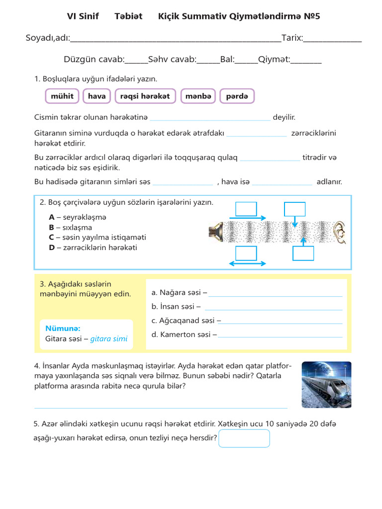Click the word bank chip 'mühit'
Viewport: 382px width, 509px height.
click(62, 96)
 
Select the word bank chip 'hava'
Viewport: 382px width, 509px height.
click(96, 96)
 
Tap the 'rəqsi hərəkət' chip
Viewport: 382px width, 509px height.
click(145, 96)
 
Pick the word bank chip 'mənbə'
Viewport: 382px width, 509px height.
click(198, 96)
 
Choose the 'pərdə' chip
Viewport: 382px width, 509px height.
click(237, 96)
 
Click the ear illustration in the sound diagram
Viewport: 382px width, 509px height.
click(339, 232)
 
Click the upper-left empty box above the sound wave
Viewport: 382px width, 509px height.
click(246, 209)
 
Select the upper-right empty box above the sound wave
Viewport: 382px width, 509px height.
click(294, 209)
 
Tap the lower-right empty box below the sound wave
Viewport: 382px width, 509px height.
click(303, 254)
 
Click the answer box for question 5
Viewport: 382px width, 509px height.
click(244, 438)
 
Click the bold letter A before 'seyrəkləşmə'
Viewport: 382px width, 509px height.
click(52, 217)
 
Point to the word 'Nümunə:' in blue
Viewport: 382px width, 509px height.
click(63, 328)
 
